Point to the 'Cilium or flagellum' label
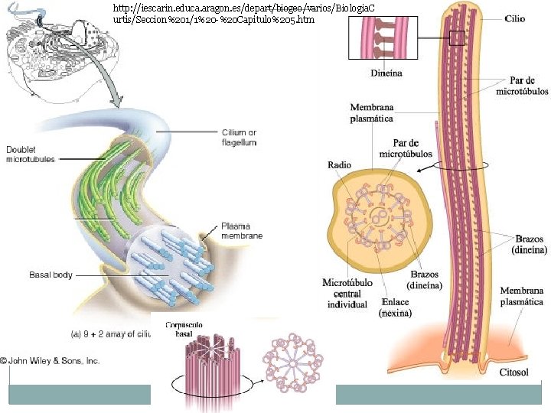[x=239, y=138]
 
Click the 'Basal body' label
[x=51, y=275]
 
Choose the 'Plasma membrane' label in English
[x=241, y=231]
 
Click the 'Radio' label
[x=339, y=164]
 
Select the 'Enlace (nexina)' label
[x=395, y=307]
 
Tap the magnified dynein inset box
[x=386, y=37]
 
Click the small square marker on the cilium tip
[x=457, y=37]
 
